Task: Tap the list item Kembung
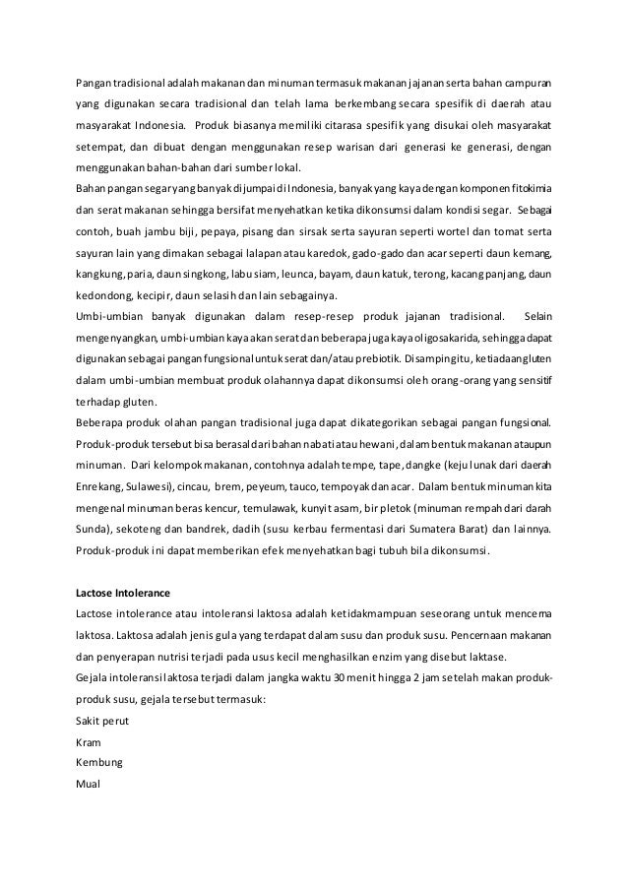99,762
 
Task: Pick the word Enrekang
100,486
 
